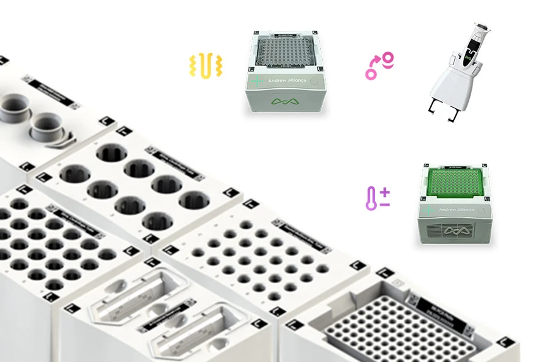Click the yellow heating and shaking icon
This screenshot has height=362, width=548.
(206, 67)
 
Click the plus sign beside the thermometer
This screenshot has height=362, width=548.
(384, 192)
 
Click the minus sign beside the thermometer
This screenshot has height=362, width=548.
(384, 205)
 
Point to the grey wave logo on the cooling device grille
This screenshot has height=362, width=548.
(456, 231)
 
